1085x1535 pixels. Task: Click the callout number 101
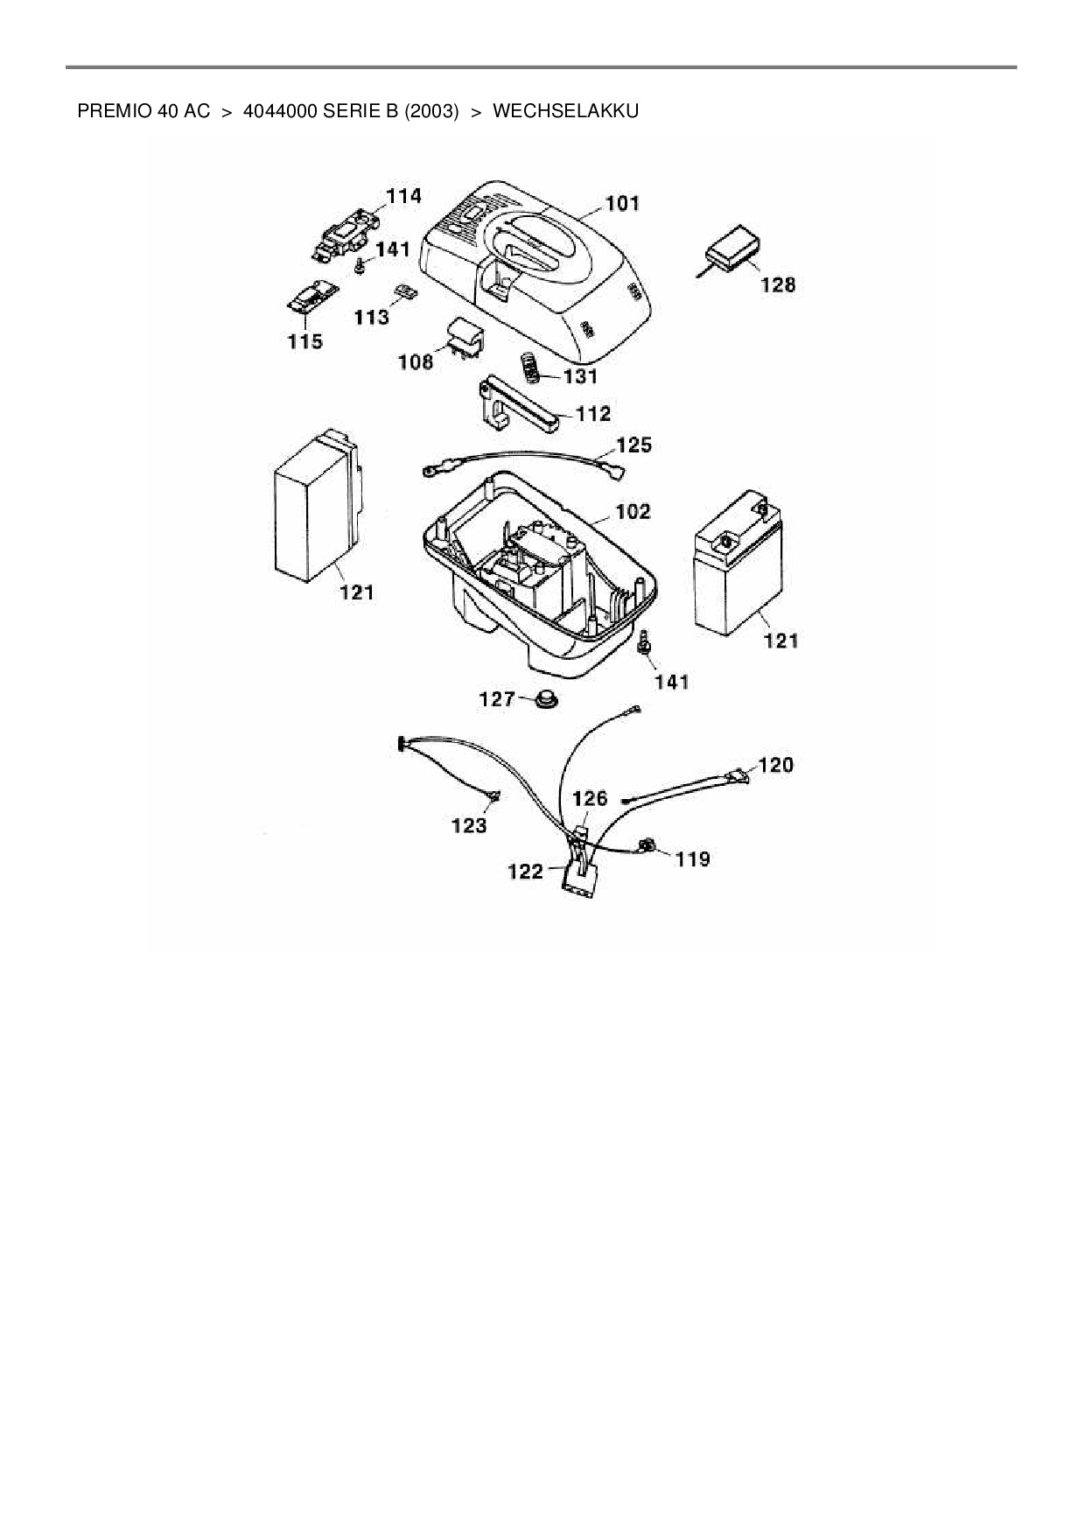[622, 204]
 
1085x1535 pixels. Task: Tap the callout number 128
[778, 284]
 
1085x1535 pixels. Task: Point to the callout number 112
[592, 413]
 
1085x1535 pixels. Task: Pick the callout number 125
[633, 445]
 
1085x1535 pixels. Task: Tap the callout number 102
[633, 511]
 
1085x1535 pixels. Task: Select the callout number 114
[403, 196]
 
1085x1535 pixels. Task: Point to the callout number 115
[304, 341]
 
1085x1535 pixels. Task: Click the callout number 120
[775, 766]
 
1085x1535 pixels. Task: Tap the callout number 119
[692, 859]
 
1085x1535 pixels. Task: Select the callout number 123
[469, 825]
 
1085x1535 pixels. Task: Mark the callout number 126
[590, 798]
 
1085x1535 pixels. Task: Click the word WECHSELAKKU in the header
[565, 111]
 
